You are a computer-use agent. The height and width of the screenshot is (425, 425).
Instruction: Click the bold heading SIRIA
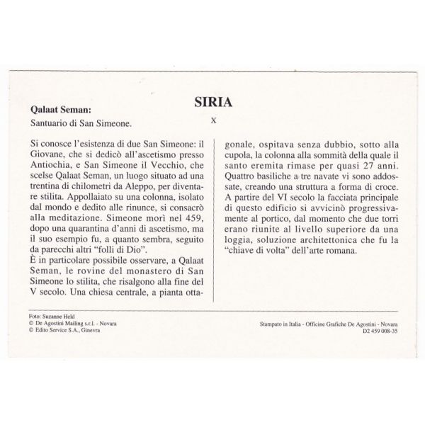click(x=212, y=100)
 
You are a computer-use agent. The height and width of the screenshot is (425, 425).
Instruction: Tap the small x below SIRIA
click(x=212, y=119)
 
